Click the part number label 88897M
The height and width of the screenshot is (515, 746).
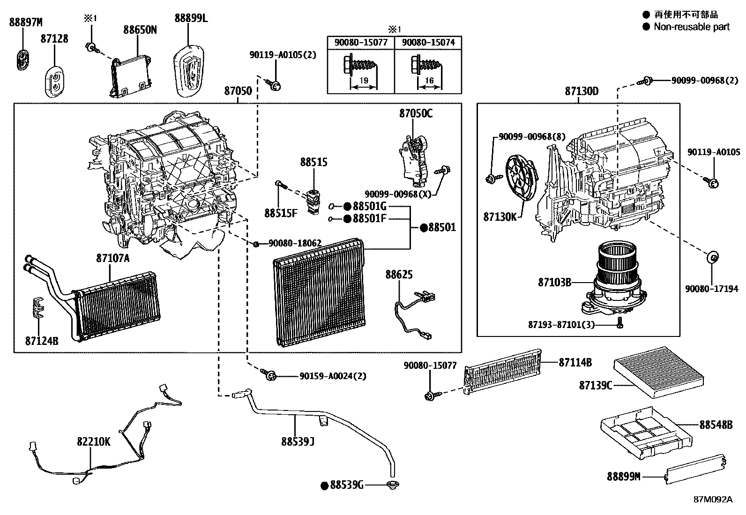(x=26, y=22)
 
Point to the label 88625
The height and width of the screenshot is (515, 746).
(x=399, y=274)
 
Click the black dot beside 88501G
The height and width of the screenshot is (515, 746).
(x=347, y=206)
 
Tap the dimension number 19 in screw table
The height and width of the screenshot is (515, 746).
(x=363, y=81)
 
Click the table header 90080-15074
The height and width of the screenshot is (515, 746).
(x=428, y=42)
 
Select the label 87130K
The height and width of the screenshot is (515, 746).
(x=500, y=217)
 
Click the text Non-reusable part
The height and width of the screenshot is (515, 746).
(x=691, y=27)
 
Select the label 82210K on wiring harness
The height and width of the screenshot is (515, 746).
(x=94, y=441)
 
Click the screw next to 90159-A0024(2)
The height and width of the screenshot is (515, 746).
(x=269, y=375)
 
